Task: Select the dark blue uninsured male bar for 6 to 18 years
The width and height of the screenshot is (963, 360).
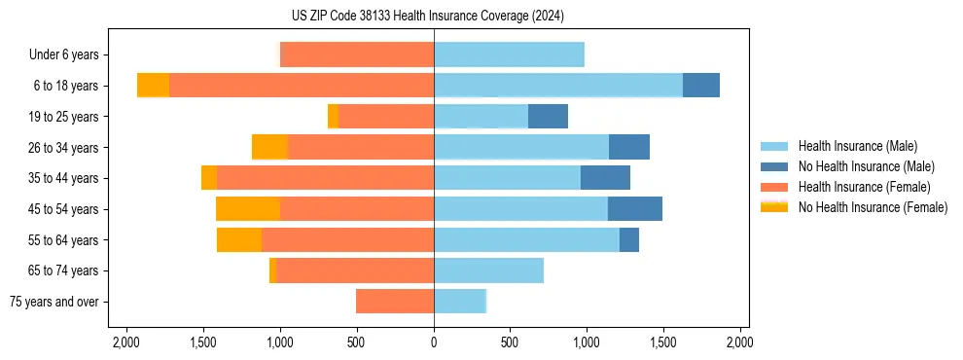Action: tap(700, 85)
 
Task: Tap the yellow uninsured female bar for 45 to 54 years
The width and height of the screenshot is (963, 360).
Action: tap(248, 208)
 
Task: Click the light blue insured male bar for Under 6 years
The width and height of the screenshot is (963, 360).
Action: tap(509, 54)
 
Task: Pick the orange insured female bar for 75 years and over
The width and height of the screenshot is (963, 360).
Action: tap(395, 302)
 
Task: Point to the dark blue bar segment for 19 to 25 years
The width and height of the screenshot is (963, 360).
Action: tap(548, 116)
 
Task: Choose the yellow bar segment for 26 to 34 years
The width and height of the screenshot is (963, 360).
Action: tap(269, 147)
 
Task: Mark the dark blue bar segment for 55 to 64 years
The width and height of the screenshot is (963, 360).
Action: tap(628, 239)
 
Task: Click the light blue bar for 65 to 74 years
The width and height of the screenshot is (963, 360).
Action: tap(488, 270)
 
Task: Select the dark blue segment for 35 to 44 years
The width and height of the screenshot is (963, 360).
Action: tap(605, 177)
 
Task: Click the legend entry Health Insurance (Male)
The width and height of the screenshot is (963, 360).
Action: tap(856, 146)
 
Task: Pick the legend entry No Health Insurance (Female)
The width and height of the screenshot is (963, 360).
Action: tap(873, 207)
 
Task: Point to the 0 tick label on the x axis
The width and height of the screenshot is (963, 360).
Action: tap(434, 342)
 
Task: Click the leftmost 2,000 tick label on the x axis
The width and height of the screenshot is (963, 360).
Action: tap(126, 342)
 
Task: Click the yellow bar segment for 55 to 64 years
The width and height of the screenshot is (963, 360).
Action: tap(239, 239)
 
